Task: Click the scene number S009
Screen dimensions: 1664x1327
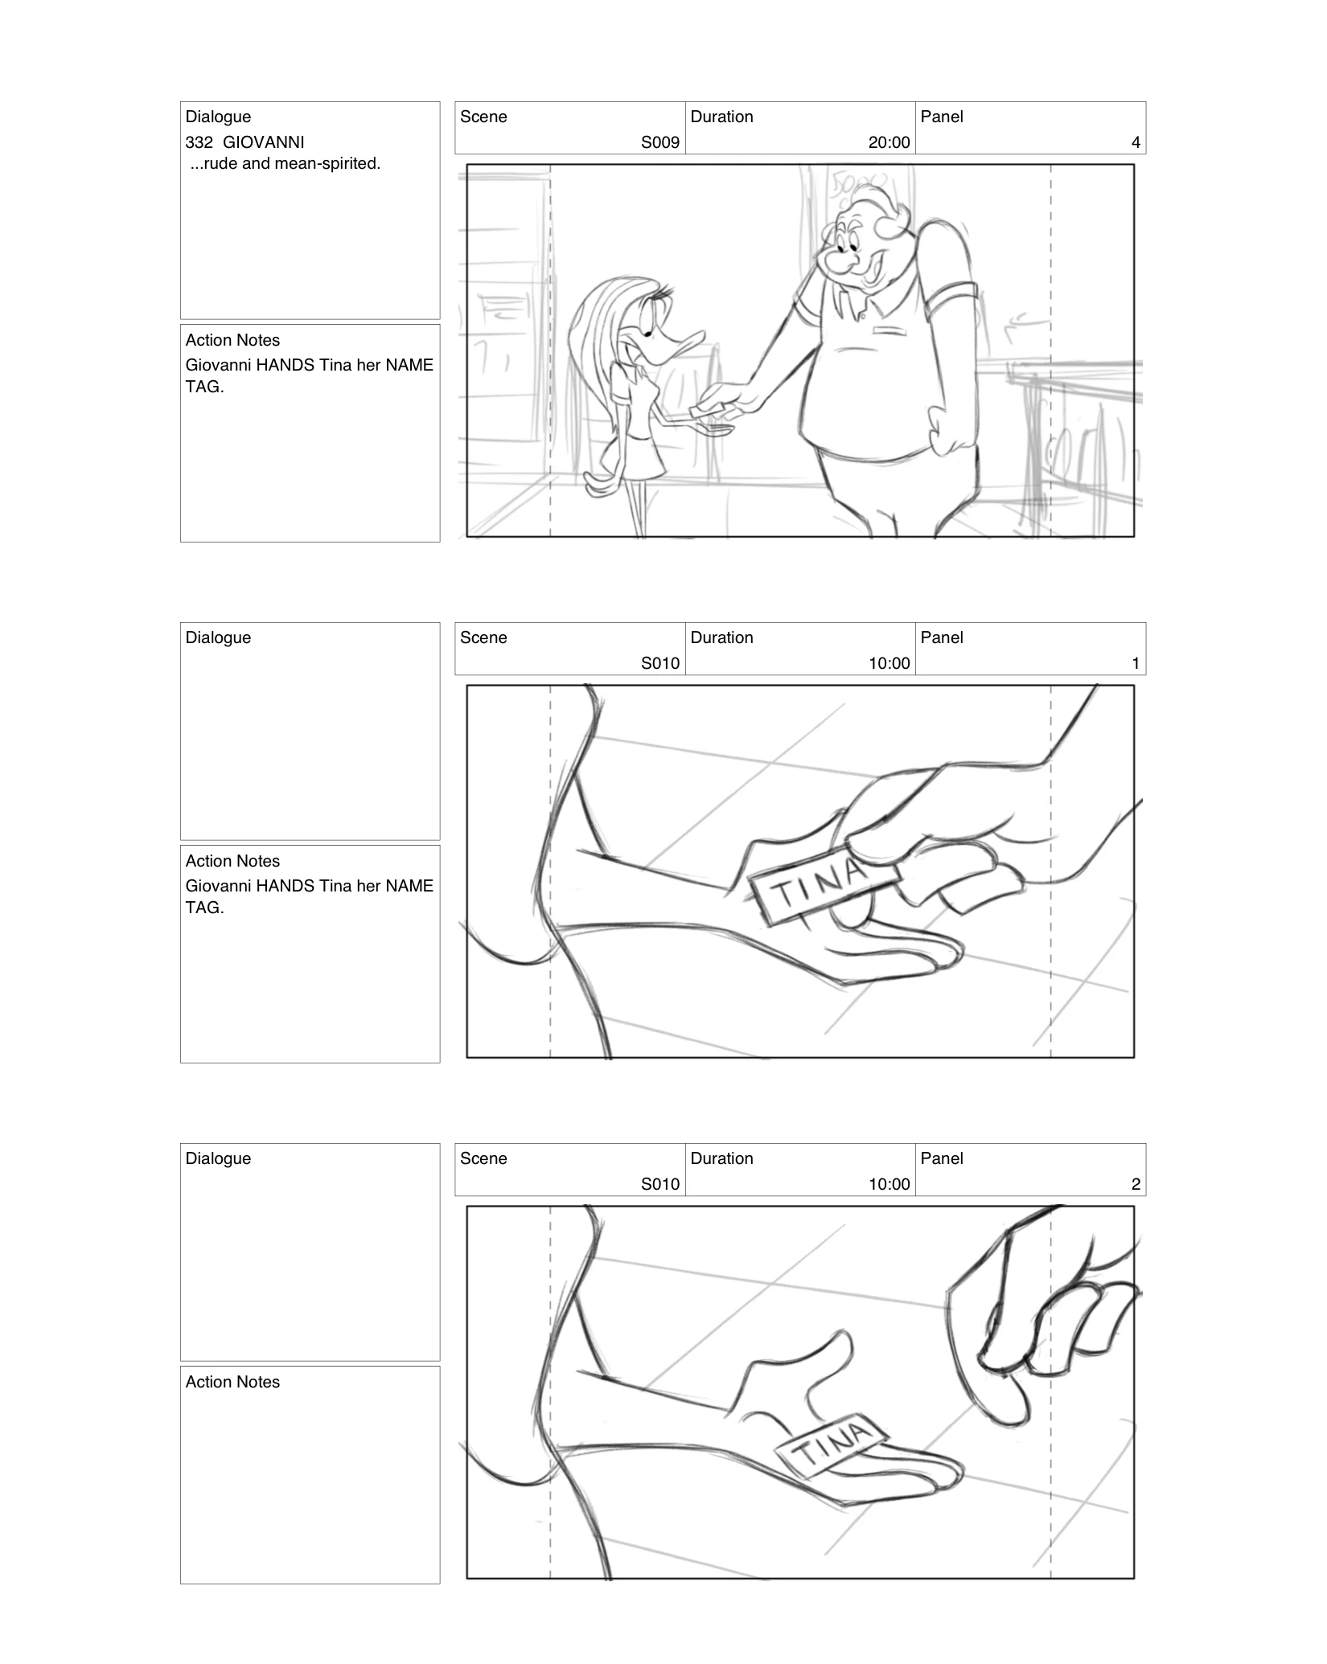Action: [x=659, y=143]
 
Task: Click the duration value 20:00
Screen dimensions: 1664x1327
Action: [x=889, y=143]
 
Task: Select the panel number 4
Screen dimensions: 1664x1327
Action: [x=1135, y=143]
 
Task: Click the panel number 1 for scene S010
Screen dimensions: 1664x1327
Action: [x=1135, y=664]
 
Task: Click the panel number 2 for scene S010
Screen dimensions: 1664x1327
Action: [x=1135, y=1185]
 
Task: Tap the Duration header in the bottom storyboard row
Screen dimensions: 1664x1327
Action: [x=721, y=1159]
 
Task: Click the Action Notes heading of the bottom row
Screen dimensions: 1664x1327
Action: [x=232, y=1383]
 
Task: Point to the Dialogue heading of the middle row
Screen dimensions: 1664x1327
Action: [x=218, y=638]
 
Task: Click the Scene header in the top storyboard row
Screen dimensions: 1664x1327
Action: [x=483, y=117]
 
